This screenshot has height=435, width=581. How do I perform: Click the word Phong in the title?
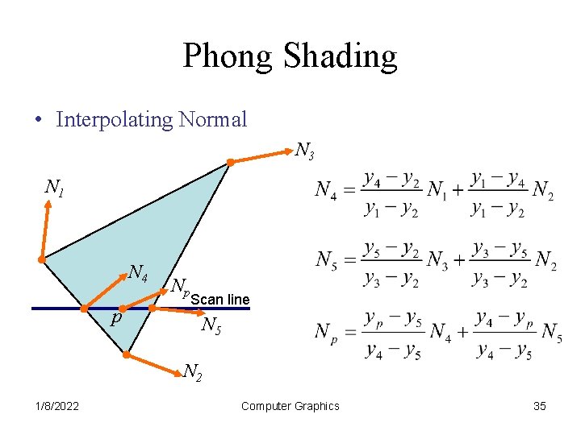tap(228, 56)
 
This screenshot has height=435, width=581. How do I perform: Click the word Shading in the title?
tap(343, 56)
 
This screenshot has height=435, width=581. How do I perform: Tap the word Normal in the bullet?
tap(212, 120)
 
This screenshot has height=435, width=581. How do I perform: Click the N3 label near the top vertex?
tap(304, 150)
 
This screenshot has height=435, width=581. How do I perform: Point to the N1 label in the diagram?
tap(54, 189)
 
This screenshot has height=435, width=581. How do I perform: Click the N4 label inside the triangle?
tap(138, 274)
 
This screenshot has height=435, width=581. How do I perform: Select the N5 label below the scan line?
tap(212, 325)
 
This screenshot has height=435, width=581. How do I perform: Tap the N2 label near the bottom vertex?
tap(192, 371)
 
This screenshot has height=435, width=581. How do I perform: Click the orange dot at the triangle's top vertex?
tap(230, 163)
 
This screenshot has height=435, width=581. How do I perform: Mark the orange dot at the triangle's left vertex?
tap(41, 260)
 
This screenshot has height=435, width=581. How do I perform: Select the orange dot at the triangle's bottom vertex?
tap(127, 354)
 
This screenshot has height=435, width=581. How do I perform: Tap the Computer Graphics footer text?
tap(290, 406)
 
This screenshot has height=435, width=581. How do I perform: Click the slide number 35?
tap(540, 406)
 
